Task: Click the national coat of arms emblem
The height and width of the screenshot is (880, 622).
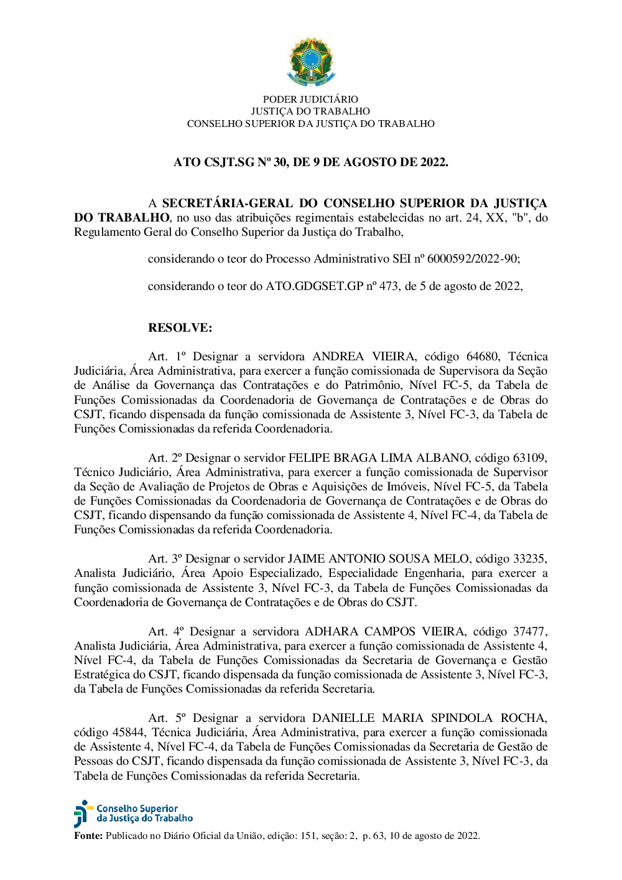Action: pos(311,62)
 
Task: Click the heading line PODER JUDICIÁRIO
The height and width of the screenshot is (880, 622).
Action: pos(310,99)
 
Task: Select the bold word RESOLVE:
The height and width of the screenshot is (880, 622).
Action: pos(180,328)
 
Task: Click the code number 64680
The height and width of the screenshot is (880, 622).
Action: pos(482,357)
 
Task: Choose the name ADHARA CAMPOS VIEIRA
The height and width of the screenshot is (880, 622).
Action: pos(384,632)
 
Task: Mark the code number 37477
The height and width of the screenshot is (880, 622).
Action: pos(529,632)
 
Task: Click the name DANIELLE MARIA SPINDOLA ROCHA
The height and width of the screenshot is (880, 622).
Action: pos(429,718)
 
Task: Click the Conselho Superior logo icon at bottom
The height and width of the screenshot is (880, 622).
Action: pos(82,813)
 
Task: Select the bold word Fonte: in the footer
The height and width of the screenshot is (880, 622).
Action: pos(88,836)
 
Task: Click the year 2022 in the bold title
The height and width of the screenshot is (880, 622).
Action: pos(433,162)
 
